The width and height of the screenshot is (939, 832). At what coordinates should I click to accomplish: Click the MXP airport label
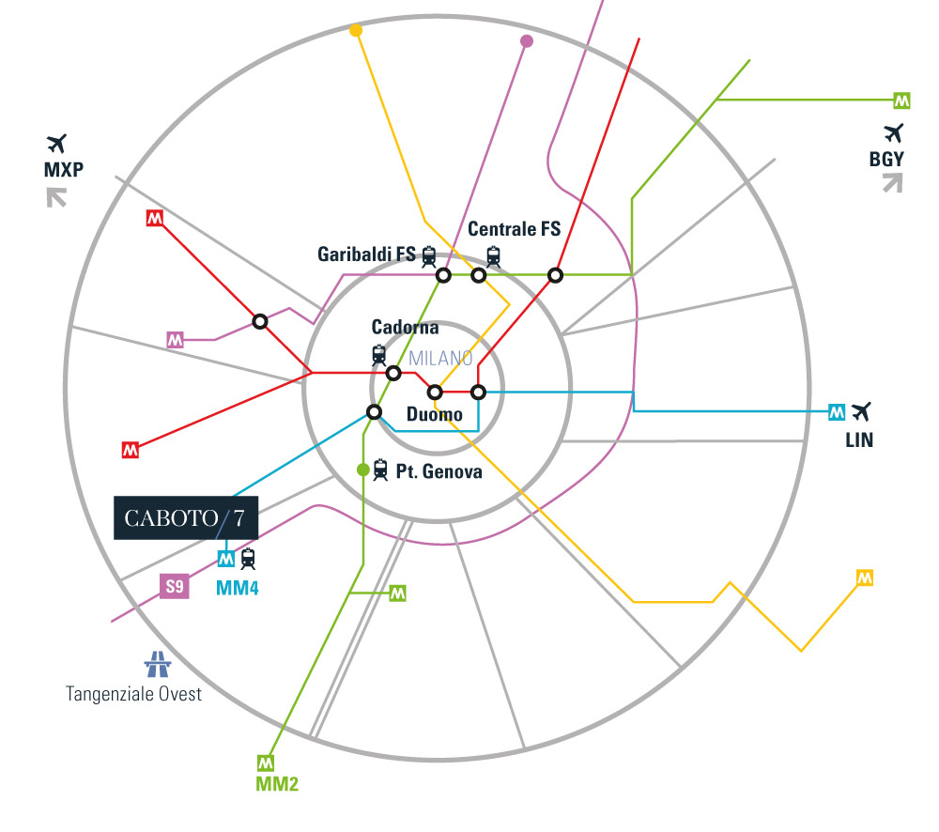pos(64,170)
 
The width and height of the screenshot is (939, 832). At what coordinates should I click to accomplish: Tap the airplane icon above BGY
pos(893,133)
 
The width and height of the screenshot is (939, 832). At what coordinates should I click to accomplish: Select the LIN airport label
pos(859,440)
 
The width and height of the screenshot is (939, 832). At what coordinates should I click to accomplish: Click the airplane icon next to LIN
pos(861,411)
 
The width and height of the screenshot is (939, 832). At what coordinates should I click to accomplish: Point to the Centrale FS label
pos(514,229)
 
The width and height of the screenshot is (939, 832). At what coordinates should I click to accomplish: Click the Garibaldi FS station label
pos(366,254)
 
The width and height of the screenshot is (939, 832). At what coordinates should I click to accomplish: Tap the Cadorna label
pos(405,327)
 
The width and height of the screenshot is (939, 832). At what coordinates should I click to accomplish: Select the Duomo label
pos(434,414)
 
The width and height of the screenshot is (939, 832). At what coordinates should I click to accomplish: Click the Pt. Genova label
pos(439,471)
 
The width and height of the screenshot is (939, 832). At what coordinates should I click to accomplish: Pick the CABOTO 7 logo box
pos(186,517)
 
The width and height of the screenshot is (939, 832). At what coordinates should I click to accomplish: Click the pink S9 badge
pos(175,586)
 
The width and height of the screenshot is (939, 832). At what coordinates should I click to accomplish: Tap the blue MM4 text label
pos(238,588)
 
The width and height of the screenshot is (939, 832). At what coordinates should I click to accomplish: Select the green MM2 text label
pos(277,783)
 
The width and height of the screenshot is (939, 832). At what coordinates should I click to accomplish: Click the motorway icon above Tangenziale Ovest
pos(158,664)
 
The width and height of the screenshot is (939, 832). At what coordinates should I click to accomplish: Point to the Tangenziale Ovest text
pos(133,694)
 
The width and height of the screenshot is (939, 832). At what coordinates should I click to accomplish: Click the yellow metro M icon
pos(865,578)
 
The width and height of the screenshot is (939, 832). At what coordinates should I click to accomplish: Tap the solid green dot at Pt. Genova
pos(362,470)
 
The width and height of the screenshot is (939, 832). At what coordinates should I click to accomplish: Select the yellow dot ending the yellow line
pos(356,31)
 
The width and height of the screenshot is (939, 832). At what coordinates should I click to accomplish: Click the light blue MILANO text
pos(440,358)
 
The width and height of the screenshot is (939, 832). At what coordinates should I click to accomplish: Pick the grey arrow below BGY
pos(893,183)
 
